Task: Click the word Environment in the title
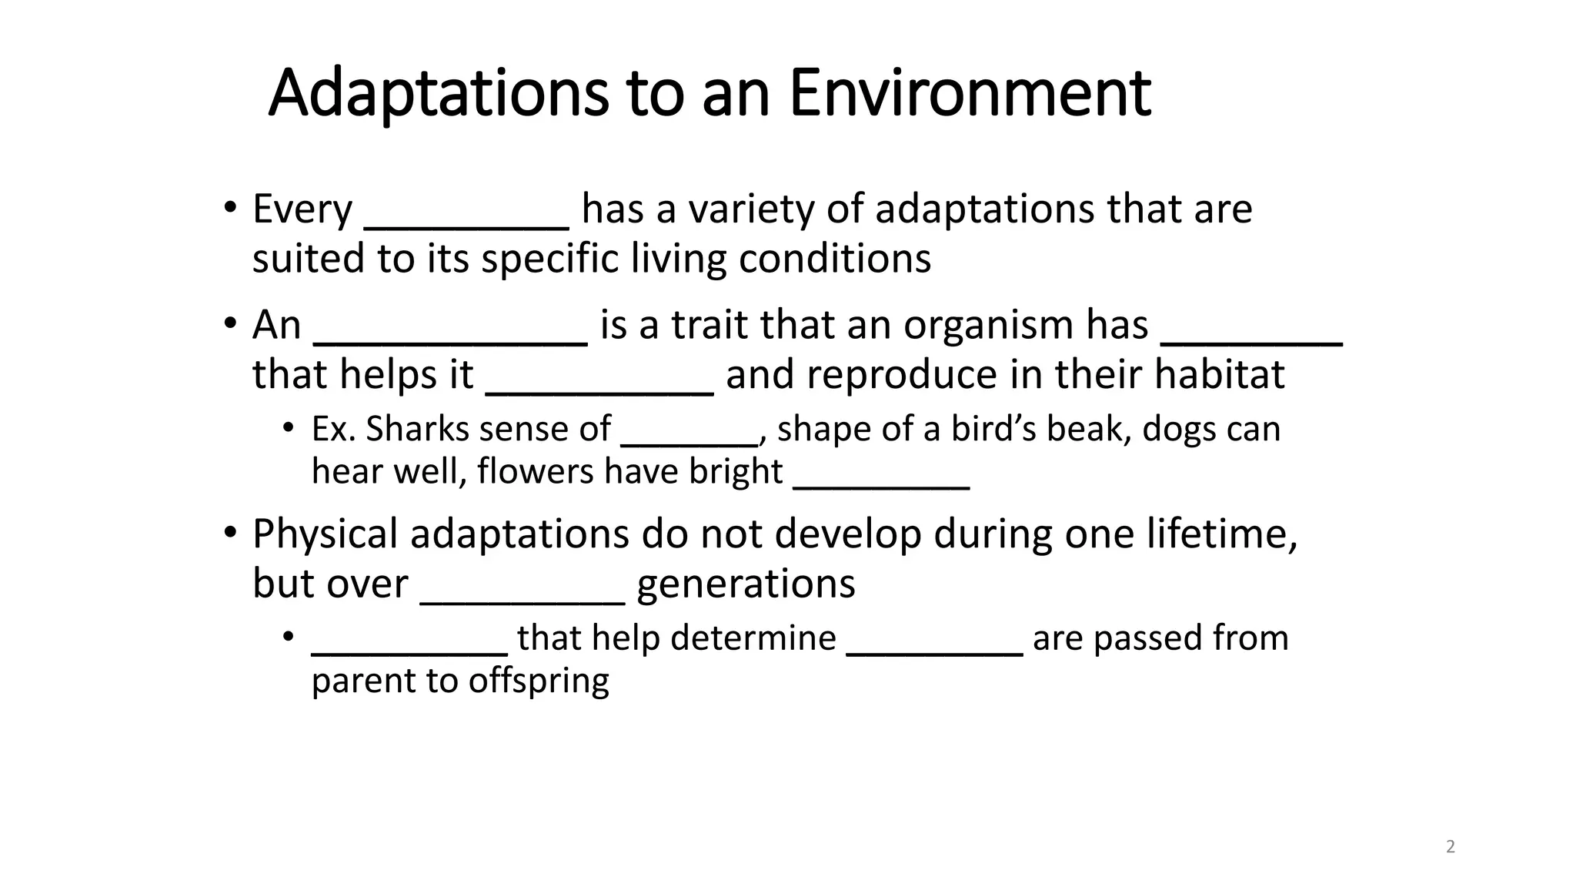(970, 93)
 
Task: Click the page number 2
(1451, 847)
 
